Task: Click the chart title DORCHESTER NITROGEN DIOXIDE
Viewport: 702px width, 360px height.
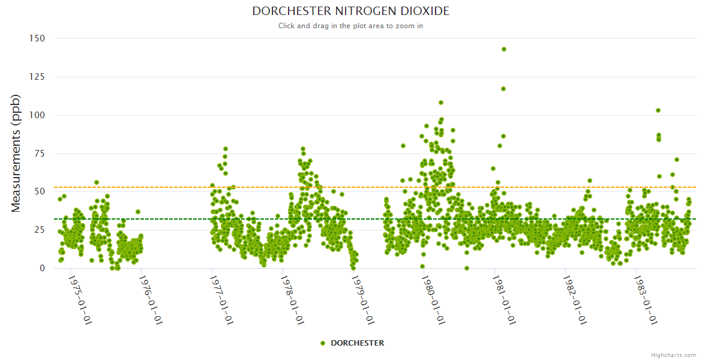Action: [x=350, y=11]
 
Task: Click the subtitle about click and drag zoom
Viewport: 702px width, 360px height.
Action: [x=350, y=26]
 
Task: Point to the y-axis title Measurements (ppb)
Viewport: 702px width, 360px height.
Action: [x=16, y=153]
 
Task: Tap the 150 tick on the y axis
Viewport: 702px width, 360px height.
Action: [x=37, y=38]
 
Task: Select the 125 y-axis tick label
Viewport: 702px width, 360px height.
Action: [x=37, y=77]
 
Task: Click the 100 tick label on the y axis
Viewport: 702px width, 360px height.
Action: [x=37, y=115]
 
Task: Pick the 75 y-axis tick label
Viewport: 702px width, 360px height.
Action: [x=40, y=154]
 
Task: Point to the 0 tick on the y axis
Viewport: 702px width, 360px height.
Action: [x=42, y=268]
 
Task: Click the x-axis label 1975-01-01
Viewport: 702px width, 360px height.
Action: [x=80, y=300]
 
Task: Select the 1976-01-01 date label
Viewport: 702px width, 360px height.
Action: [x=151, y=300]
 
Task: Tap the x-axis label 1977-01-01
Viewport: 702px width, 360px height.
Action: [x=221, y=300]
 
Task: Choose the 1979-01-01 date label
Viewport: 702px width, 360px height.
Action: [x=363, y=300]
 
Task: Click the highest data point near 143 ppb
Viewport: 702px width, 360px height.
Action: [x=504, y=49]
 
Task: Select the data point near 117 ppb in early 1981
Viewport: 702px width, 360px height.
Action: [x=503, y=89]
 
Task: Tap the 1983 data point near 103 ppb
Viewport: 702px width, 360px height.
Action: [x=658, y=110]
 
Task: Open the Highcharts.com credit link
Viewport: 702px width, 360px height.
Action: [x=673, y=355]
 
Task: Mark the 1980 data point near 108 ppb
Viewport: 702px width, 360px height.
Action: [x=441, y=103]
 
